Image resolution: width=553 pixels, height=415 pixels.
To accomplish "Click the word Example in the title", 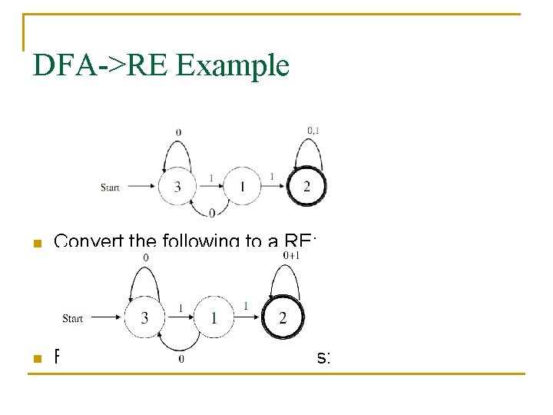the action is (233, 66).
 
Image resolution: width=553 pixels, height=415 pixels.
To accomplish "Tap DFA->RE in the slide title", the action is (102, 66).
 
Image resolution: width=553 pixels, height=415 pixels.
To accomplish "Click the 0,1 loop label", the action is (313, 131).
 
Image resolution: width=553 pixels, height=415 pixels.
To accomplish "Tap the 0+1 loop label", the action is (291, 255).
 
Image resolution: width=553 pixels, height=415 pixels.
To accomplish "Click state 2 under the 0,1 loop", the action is (306, 187).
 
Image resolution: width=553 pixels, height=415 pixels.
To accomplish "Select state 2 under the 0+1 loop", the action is (283, 318).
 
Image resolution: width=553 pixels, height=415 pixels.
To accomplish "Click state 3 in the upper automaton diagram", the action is (177, 187).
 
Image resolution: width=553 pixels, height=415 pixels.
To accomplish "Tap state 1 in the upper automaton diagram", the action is (242, 187).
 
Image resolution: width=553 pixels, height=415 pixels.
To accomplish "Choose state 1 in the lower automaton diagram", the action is (214, 318).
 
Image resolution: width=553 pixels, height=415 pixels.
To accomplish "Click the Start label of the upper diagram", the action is (111, 187).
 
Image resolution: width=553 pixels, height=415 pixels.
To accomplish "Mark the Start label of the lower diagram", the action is (73, 318).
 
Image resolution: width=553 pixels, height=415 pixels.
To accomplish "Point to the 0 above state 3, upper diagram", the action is (178, 132).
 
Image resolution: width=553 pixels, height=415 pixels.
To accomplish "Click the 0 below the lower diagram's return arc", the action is (181, 359).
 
